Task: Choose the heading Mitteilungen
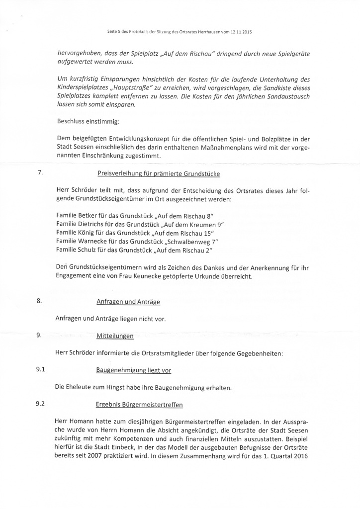tap(115, 336)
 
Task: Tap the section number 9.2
tap(41, 403)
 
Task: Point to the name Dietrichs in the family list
tap(93, 225)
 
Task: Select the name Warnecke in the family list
tap(95, 242)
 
